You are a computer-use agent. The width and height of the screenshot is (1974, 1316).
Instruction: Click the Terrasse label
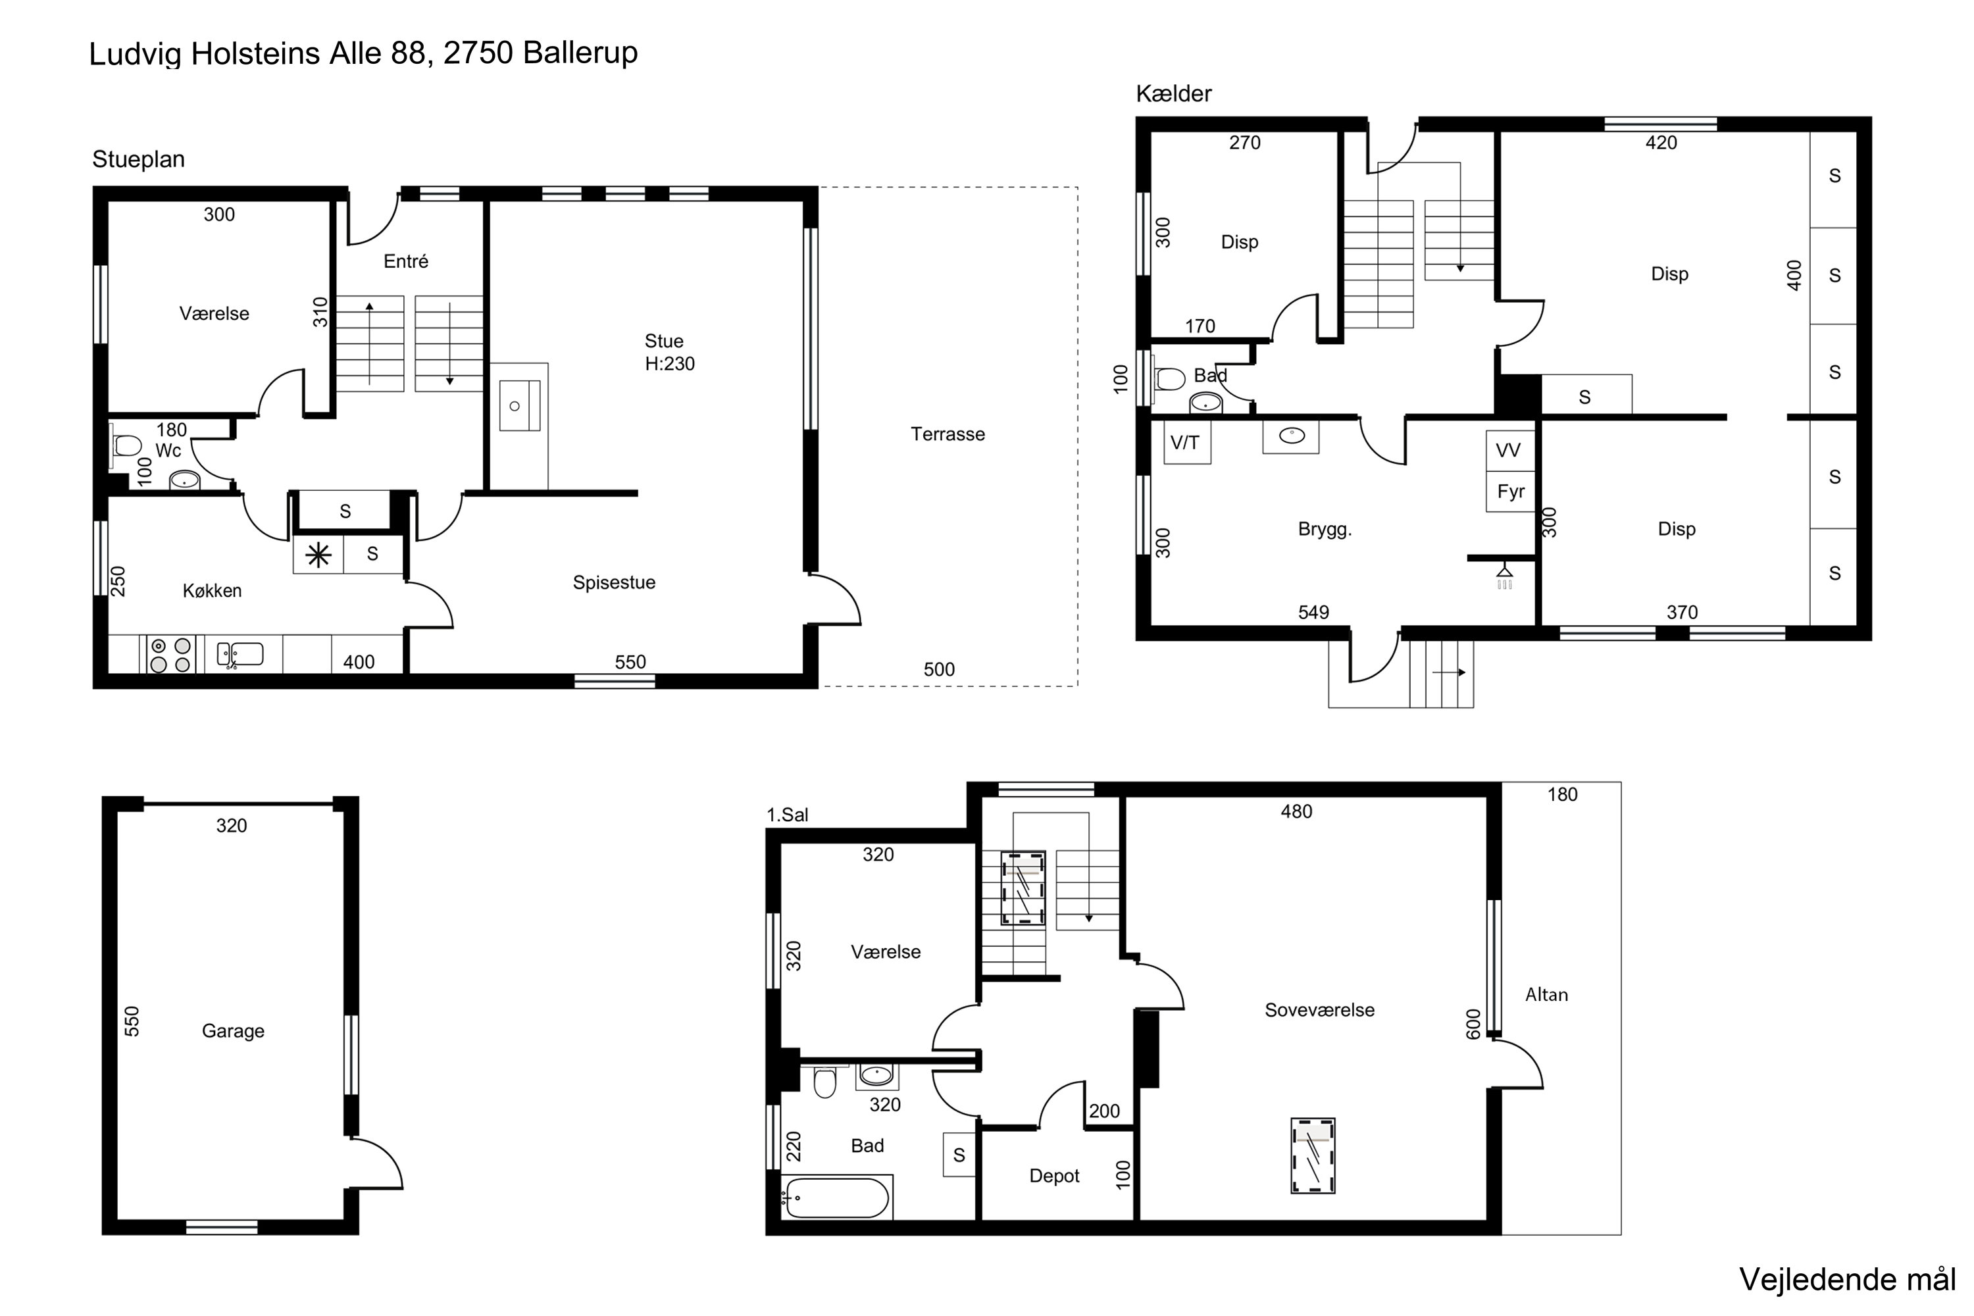coord(948,434)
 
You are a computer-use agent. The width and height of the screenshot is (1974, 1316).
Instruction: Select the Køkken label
coord(213,590)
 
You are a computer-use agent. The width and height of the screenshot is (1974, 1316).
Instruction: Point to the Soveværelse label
coord(1319,1009)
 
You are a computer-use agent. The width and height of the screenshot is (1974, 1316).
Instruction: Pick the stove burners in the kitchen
coord(170,655)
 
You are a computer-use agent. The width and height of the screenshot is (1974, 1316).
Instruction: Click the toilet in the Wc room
coord(127,444)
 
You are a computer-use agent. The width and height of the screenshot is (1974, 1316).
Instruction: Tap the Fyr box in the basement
coord(1511,491)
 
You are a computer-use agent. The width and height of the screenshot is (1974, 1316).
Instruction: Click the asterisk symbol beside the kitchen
coord(318,555)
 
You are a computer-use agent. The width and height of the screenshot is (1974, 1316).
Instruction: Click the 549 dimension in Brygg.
coord(1313,612)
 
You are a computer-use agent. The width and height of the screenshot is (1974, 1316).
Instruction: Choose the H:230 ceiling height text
coord(670,363)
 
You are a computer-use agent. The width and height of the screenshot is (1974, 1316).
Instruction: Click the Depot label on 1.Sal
coord(1054,1176)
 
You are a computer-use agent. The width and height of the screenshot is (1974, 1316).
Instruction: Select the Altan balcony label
coord(1546,994)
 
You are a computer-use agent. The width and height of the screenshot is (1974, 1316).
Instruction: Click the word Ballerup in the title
coord(580,53)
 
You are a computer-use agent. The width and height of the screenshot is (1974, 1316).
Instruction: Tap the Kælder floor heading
coord(1173,93)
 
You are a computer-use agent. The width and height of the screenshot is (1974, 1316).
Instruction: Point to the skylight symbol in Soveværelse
coord(1313,1155)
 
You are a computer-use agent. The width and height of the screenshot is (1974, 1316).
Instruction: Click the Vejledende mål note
coord(1847,1279)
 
